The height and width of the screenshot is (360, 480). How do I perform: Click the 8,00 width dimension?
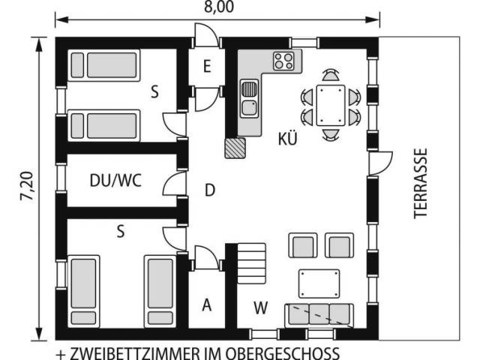pyautogui.click(x=219, y=7)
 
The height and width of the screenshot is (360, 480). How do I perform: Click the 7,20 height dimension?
pyautogui.click(x=27, y=186)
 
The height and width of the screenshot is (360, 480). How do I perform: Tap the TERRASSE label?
pyautogui.click(x=420, y=183)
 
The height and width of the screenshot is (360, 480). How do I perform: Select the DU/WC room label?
pyautogui.click(x=115, y=181)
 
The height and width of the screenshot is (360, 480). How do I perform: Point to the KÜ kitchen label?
pyautogui.click(x=288, y=139)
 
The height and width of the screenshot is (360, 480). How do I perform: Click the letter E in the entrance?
pyautogui.click(x=207, y=67)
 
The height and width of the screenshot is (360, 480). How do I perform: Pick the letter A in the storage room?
pyautogui.click(x=207, y=305)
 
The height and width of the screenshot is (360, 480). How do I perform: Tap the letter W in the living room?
pyautogui.click(x=261, y=307)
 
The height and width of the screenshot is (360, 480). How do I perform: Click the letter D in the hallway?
pyautogui.click(x=210, y=190)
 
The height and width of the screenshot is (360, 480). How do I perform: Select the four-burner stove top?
pyautogui.click(x=283, y=61)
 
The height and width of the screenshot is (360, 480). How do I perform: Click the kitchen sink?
pyautogui.click(x=249, y=98)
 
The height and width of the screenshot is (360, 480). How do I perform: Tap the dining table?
pyautogui.click(x=331, y=105)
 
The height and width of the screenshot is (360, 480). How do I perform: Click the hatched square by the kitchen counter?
pyautogui.click(x=235, y=148)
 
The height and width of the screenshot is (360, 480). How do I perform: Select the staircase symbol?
pyautogui.click(x=252, y=263)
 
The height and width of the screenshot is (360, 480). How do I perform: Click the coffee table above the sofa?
pyautogui.click(x=319, y=283)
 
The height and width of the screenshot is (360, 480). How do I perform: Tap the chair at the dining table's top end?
pyautogui.click(x=331, y=75)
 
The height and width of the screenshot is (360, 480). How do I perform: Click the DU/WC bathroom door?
pyautogui.click(x=174, y=183)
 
